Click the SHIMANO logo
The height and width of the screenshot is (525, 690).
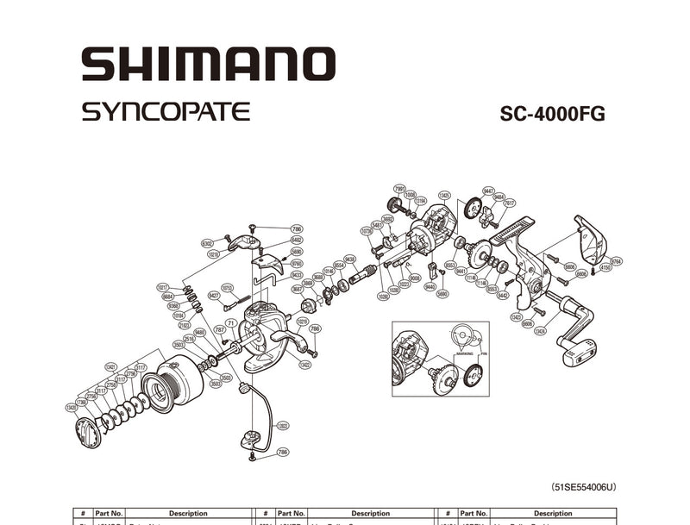pos(208,65)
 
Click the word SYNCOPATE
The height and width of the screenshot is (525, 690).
pos(166,112)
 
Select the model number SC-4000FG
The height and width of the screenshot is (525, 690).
pos(552,114)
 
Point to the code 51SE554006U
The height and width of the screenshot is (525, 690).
pos(583,486)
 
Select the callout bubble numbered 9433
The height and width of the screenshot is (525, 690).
pos(297,275)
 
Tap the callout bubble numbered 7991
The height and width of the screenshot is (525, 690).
pos(399,188)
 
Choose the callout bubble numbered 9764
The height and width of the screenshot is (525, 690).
pos(616,260)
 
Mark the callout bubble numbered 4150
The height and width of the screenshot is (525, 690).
pos(605,267)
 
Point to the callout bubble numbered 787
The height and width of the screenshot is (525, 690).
pos(219,328)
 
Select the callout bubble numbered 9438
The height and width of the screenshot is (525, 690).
pos(349,259)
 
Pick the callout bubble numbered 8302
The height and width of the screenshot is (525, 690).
pos(207,243)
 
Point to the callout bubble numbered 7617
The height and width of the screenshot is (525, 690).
pos(510,203)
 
